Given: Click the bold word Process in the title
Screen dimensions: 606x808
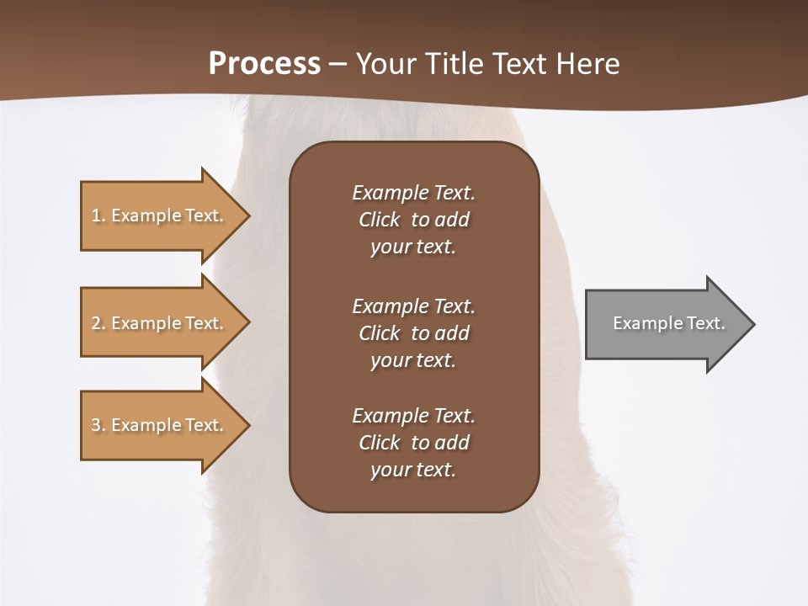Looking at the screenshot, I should [264, 63].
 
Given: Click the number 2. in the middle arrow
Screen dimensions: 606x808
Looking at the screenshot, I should [98, 323].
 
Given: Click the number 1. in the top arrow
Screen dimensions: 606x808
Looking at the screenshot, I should [98, 215].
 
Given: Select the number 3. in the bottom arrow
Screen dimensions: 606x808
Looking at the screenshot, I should [98, 425].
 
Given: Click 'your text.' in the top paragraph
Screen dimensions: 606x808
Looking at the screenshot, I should [412, 247].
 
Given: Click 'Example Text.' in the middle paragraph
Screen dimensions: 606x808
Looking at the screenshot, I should [413, 306].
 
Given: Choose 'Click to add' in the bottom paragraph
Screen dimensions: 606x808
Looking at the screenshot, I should [413, 443].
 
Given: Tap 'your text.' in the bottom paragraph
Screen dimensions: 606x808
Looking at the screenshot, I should [412, 470].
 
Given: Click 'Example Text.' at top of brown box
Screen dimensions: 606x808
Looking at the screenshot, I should [413, 193].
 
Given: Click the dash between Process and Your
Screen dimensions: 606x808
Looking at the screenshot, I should [338, 64].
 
